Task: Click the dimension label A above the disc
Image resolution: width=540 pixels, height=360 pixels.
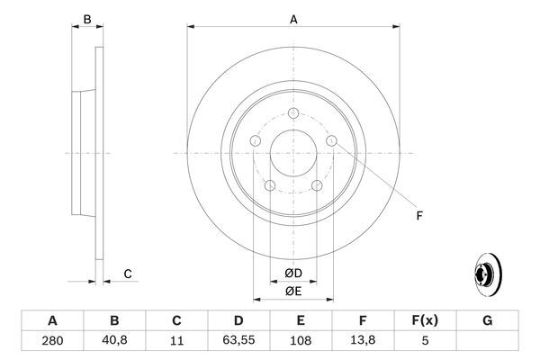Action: pyautogui.click(x=293, y=19)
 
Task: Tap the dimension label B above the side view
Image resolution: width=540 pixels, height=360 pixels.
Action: pyautogui.click(x=87, y=19)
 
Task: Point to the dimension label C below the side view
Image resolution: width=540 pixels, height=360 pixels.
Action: pyautogui.click(x=128, y=274)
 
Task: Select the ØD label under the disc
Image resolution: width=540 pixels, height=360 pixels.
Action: pyautogui.click(x=293, y=273)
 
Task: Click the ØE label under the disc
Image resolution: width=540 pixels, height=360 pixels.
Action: pyautogui.click(x=293, y=290)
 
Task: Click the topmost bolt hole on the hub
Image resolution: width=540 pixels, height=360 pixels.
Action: pyautogui.click(x=293, y=113)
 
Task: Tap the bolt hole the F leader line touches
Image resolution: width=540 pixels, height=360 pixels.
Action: pyautogui.click(x=332, y=140)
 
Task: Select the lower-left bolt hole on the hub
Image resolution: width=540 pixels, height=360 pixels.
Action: pyautogui.click(x=269, y=185)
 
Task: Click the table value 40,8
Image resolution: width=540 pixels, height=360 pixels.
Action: pyautogui.click(x=113, y=341)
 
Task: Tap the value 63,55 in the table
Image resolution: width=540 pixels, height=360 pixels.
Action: pyautogui.click(x=238, y=341)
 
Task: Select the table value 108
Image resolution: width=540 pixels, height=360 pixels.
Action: pyautogui.click(x=301, y=341)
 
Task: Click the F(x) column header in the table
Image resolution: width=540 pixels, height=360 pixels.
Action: pyautogui.click(x=426, y=320)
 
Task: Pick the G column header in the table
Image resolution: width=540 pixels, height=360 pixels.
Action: pyautogui.click(x=488, y=320)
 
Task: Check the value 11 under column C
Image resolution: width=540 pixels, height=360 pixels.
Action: pyautogui.click(x=176, y=341)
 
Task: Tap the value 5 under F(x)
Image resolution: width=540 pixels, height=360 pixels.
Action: pyautogui.click(x=426, y=341)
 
